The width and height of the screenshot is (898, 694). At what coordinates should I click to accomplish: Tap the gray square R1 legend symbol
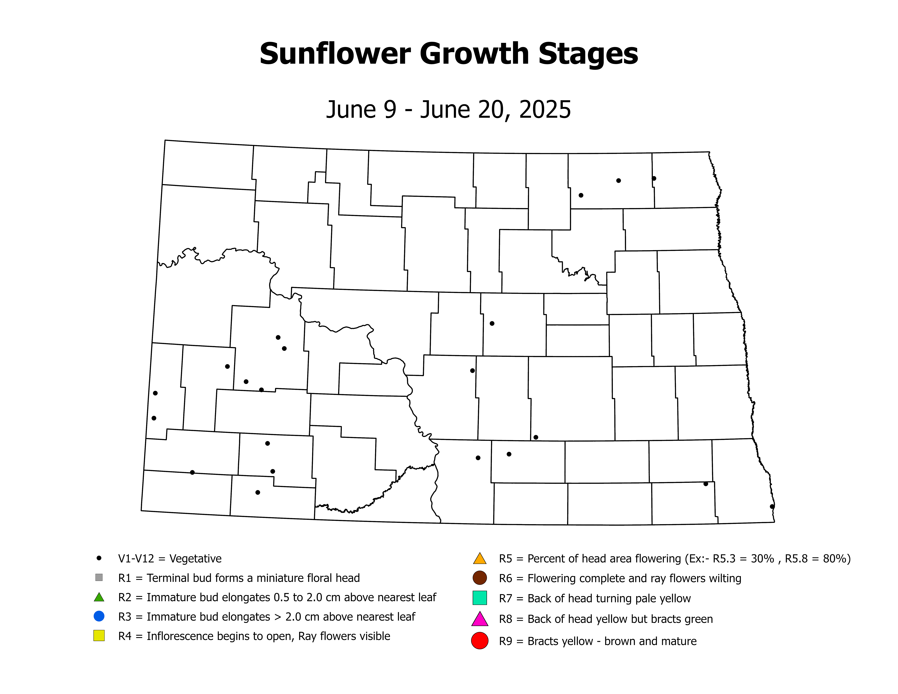click(99, 578)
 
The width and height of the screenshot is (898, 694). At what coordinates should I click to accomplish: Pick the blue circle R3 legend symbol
click(99, 616)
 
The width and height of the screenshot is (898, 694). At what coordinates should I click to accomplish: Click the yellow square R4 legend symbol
click(99, 636)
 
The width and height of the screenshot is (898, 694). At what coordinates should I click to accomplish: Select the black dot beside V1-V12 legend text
click(99, 558)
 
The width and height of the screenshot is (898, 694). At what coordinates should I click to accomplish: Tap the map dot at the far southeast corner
click(772, 506)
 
